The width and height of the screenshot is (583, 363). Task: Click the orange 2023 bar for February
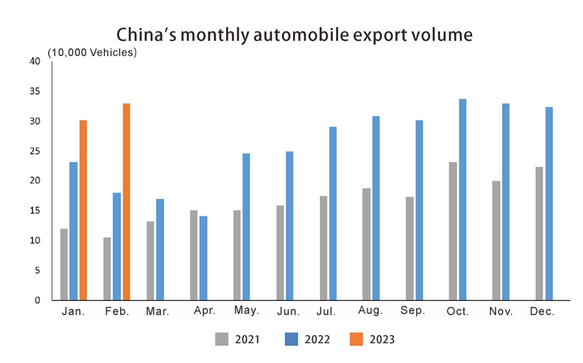126,202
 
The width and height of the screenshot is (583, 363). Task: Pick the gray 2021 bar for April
194,255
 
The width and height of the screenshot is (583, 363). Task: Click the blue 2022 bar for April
203,258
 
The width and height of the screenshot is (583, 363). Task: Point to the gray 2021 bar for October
453,231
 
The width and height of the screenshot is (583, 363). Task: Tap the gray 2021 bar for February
107,268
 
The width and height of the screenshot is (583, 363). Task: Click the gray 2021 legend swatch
223,338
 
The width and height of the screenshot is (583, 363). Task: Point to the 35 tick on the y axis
35,91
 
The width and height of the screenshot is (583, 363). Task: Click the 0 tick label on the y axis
36,300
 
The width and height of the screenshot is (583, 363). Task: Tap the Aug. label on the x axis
371,311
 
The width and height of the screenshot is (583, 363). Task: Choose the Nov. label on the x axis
501,311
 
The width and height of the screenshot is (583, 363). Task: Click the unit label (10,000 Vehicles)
93,53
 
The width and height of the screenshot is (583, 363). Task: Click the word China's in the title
143,34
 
